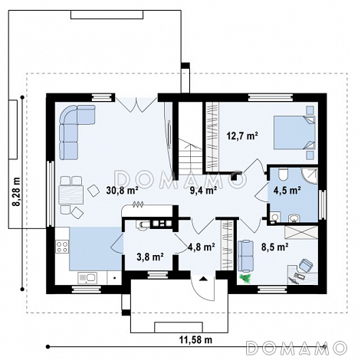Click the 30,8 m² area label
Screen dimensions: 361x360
tap(123, 190)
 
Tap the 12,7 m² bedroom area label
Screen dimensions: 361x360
tap(242, 136)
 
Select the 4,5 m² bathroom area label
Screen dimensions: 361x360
tap(287, 190)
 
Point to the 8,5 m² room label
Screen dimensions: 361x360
tap(274, 247)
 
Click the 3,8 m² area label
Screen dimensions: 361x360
tap(150, 257)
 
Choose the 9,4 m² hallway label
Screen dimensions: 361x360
tap(203, 190)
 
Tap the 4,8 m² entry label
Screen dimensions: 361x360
tap(202, 247)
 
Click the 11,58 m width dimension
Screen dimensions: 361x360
tap(195, 340)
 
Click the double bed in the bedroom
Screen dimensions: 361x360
tap(294, 133)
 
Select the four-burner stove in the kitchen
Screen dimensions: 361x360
tap(62, 247)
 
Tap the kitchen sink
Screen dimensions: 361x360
tap(87, 278)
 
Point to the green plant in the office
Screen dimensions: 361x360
tap(246, 278)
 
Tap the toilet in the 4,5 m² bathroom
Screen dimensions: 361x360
tap(283, 174)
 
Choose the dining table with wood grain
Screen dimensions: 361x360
tap(71, 195)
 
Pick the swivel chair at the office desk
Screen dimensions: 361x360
tap(306, 265)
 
